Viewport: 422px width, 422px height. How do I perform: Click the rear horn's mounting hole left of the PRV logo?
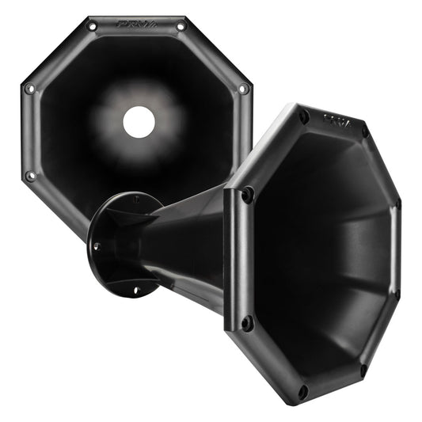(92, 26)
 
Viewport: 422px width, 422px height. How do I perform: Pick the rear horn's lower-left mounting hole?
(30, 175)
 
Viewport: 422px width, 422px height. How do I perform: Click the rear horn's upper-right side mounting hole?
(243, 89)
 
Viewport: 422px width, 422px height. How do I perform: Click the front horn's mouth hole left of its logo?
(303, 116)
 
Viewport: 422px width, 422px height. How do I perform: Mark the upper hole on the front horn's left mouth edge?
(248, 193)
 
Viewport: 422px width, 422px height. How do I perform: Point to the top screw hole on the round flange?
(135, 199)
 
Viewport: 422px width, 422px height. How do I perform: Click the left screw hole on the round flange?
(96, 246)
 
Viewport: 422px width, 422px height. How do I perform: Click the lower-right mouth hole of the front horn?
(363, 371)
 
